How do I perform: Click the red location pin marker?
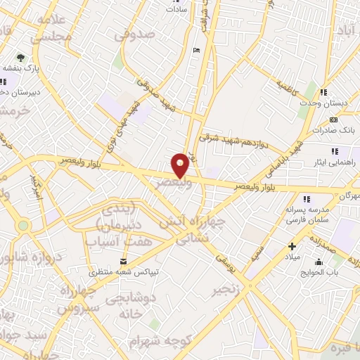click(181, 165)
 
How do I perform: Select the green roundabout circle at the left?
click(24, 226)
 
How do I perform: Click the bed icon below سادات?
click(196, 49)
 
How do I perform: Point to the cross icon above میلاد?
click(292, 246)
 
